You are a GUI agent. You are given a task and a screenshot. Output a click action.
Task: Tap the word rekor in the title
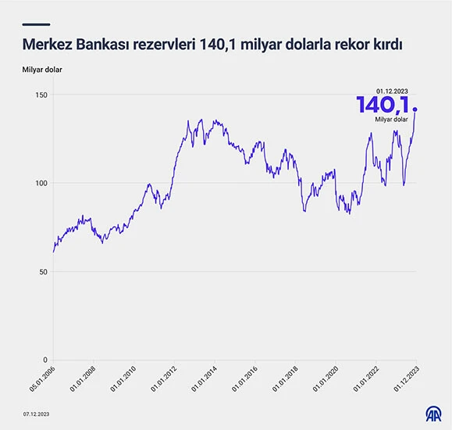(345, 45)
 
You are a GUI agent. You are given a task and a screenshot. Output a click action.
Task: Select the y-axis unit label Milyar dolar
(42, 70)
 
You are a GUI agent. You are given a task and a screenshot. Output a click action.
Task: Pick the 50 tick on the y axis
(41, 272)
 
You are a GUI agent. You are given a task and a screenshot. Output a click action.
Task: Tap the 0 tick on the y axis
(44, 360)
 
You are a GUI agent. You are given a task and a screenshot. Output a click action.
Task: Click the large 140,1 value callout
(383, 105)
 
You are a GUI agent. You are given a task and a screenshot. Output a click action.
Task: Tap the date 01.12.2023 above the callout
(393, 90)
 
